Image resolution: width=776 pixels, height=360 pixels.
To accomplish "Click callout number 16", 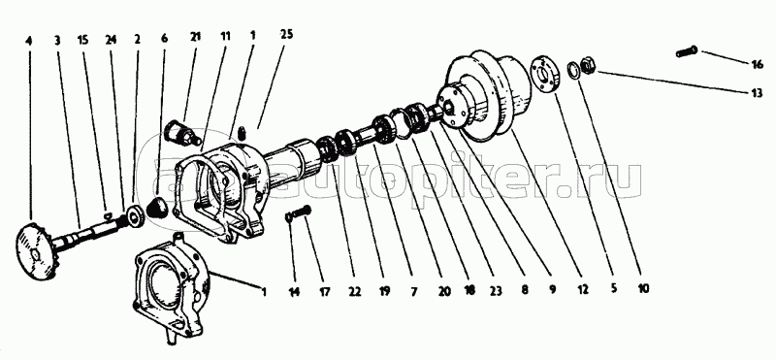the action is pos(758,64).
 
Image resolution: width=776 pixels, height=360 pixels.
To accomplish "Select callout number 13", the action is pos(758,92).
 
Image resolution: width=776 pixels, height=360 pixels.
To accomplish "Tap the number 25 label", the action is pos(286,34).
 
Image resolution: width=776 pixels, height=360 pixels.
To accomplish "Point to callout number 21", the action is pos(195,37).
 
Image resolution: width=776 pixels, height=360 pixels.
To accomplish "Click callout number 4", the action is pos(29,41).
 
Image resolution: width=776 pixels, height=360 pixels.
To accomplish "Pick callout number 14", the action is pos(295,292).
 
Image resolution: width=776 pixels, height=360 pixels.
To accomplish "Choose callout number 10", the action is pos(643,287).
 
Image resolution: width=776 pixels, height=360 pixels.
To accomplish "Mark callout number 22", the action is pos(354,293).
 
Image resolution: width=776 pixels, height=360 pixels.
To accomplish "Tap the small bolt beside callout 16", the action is pos(687,51).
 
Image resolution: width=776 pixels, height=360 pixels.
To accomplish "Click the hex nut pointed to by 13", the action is pos(589,65).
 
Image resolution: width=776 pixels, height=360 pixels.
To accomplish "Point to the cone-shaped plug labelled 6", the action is pos(158,207).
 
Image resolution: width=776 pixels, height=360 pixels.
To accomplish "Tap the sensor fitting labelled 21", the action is pos(182,133).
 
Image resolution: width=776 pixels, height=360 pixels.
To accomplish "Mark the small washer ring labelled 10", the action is pos(573,70).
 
